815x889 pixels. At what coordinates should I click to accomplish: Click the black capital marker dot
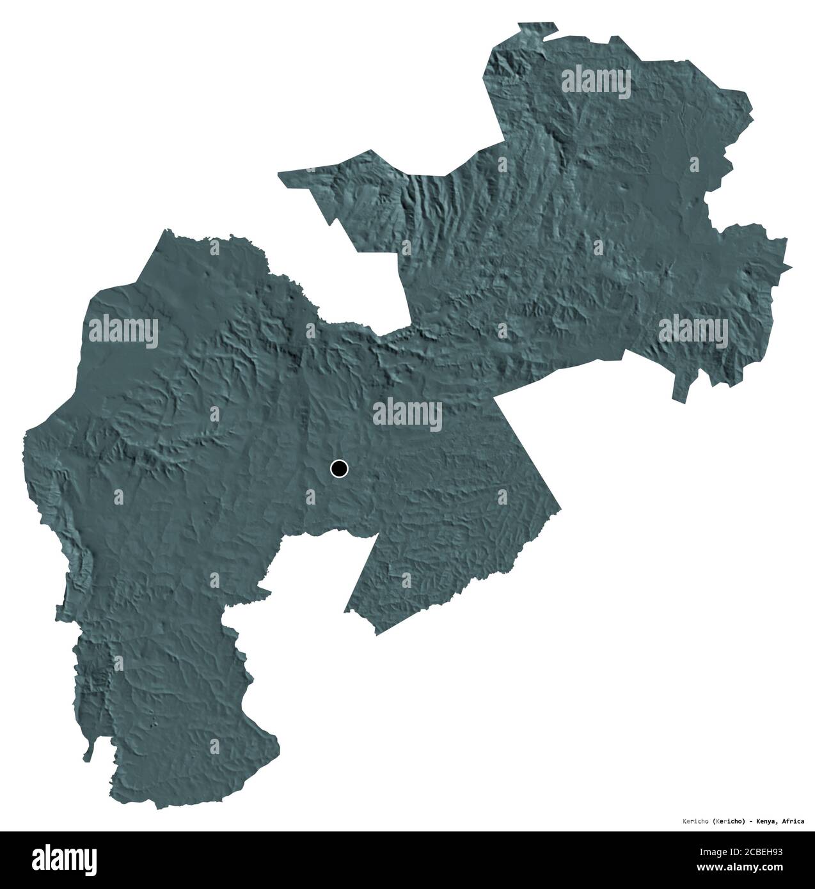(x=339, y=469)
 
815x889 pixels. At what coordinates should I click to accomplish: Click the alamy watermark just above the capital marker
(x=407, y=414)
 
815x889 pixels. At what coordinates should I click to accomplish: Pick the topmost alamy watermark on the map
(x=596, y=83)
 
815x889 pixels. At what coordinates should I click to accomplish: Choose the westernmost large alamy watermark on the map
(x=123, y=331)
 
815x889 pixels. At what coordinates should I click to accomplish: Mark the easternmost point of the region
(x=793, y=267)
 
